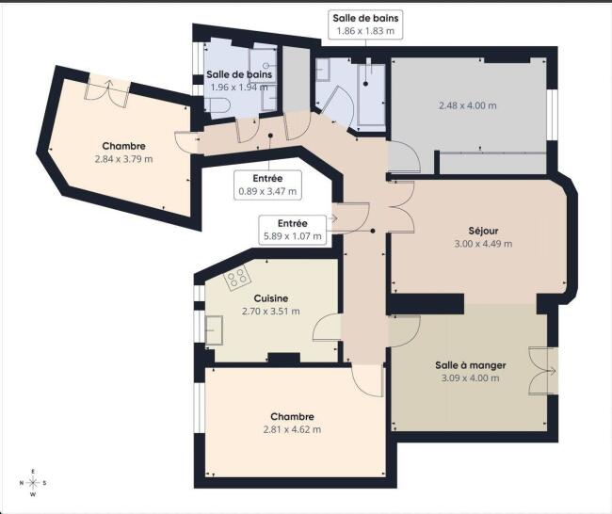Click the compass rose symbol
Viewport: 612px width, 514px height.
(x=33, y=483)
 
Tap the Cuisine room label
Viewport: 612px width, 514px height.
(x=271, y=298)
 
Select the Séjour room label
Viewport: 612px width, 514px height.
(x=483, y=231)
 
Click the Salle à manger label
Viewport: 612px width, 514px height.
(x=471, y=365)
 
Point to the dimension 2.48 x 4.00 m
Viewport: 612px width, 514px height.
(x=468, y=105)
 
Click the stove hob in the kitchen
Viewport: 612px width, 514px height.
(x=237, y=278)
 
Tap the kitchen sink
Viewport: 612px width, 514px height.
(x=214, y=330)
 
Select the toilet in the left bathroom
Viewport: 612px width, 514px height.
(x=217, y=105)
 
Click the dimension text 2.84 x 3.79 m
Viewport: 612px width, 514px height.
(x=123, y=159)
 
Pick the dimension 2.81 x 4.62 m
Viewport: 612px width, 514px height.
(x=292, y=429)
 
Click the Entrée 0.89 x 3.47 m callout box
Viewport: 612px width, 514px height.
(x=267, y=185)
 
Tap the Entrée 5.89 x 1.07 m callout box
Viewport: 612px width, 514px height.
(x=292, y=230)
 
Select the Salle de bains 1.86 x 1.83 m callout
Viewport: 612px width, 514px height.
(x=365, y=24)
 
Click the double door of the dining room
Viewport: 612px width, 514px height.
(x=541, y=371)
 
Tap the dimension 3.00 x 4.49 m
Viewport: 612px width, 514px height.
(x=483, y=244)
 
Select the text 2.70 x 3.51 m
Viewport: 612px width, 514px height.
(x=271, y=312)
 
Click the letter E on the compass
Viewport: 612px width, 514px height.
(x=33, y=472)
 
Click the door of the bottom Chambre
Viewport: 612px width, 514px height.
(x=367, y=381)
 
